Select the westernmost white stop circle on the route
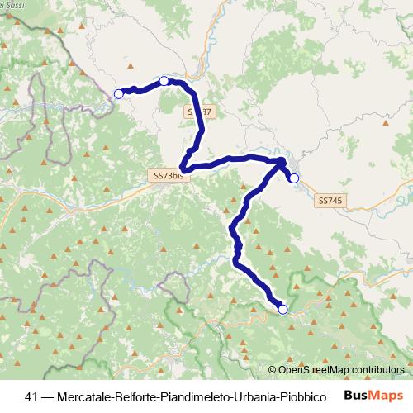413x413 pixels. [x=118, y=94]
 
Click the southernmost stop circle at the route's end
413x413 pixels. [x=283, y=309]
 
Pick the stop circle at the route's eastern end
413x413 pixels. [x=293, y=177]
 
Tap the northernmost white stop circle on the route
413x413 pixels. [x=164, y=81]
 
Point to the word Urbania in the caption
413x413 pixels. [x=253, y=396]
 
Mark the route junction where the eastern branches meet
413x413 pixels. [x=281, y=161]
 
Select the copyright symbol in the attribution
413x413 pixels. [x=273, y=369]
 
